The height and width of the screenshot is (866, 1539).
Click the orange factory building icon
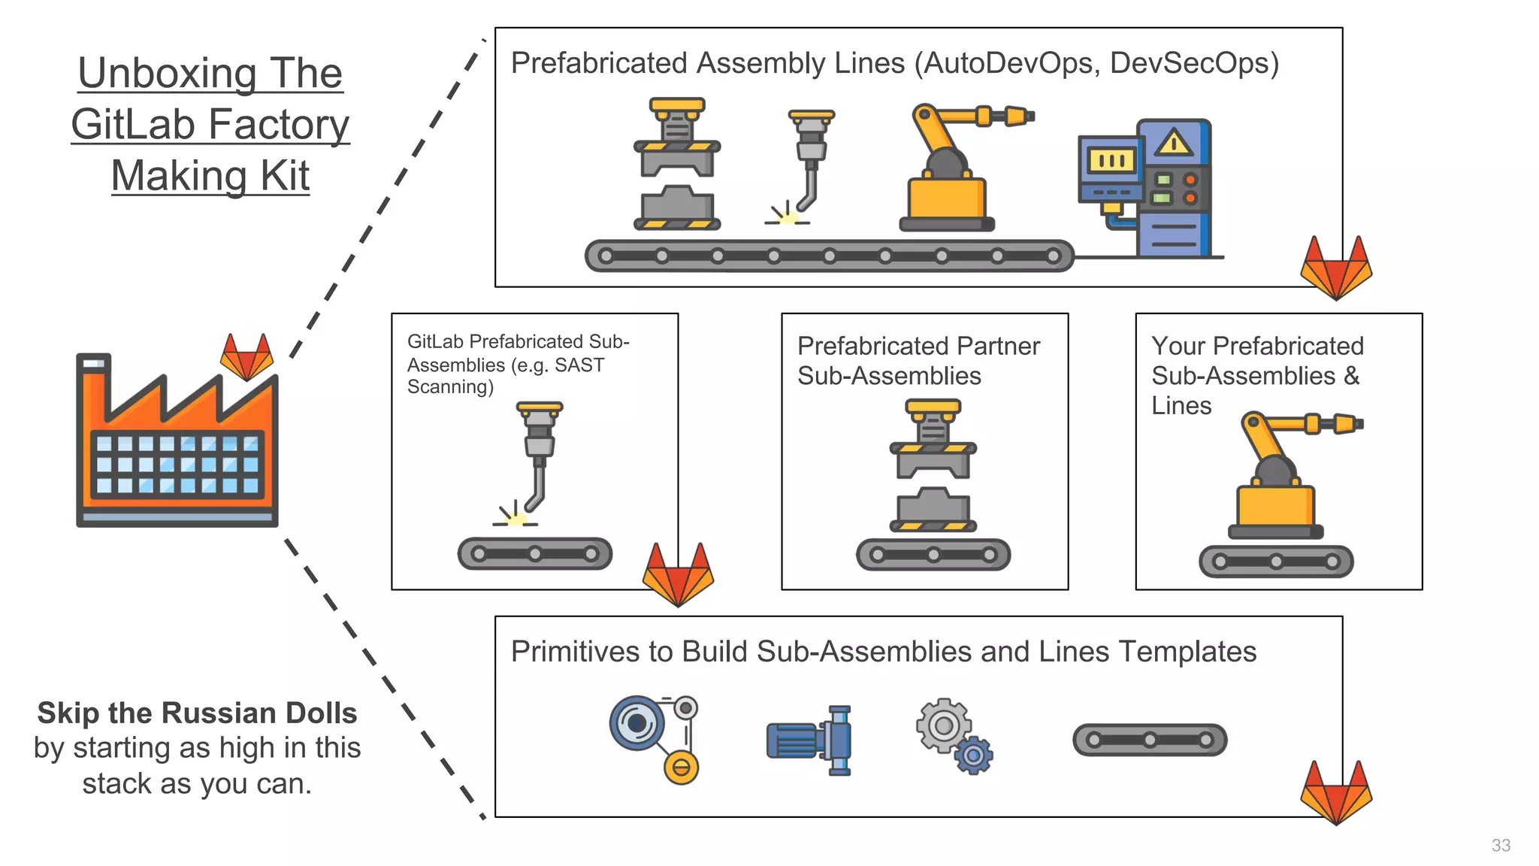(177, 444)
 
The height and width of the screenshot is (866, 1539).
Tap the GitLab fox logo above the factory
(246, 359)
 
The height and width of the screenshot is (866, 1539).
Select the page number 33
(1501, 845)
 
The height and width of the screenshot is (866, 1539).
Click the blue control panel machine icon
(1150, 188)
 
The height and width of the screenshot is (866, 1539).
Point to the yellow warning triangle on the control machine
(1173, 143)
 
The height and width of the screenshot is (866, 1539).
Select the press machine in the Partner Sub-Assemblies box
(933, 466)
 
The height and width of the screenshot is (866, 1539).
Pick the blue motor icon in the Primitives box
(810, 740)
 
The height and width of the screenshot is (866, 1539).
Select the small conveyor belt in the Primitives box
(1149, 740)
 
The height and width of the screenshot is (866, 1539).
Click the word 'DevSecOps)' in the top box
(1194, 63)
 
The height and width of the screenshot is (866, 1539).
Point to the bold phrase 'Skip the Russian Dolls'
(197, 713)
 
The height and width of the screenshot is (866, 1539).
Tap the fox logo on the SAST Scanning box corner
(678, 574)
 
